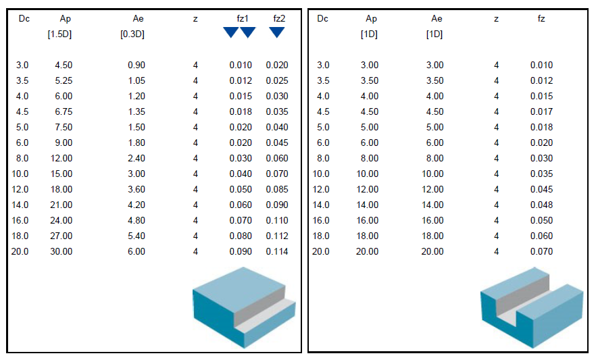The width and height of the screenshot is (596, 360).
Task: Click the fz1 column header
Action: point(242,19)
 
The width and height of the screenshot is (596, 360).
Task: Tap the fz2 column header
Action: point(279,19)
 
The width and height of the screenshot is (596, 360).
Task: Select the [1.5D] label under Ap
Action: point(59,34)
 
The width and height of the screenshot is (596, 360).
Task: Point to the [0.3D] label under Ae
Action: point(132,34)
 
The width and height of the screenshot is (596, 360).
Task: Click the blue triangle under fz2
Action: point(277,32)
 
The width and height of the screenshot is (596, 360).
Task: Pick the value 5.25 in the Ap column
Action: point(64,80)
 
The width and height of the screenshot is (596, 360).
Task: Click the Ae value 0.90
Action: point(136,65)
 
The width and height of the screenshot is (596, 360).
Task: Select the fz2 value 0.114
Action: point(277,251)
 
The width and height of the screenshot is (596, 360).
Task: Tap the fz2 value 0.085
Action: point(277,189)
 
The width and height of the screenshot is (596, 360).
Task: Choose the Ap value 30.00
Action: point(61,251)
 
